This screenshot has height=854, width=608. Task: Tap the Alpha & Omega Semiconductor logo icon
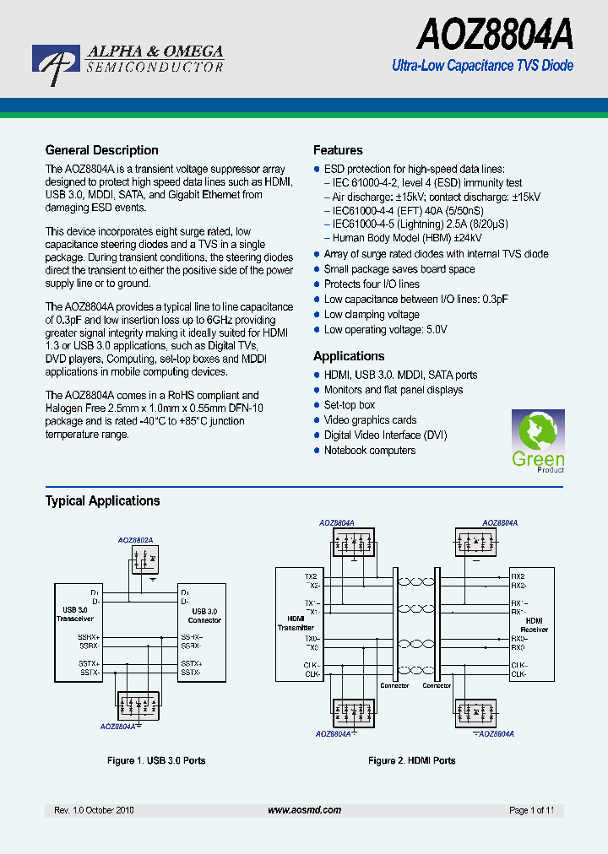tap(56, 65)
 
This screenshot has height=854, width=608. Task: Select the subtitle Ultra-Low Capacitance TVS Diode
tap(483, 66)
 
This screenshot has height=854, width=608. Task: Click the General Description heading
tap(101, 150)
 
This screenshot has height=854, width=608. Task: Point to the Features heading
tap(338, 150)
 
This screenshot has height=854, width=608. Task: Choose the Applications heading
tap(349, 356)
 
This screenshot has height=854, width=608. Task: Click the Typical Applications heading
tap(102, 500)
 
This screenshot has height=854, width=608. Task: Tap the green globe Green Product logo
tap(538, 440)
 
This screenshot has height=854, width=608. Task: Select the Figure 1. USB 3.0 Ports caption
tap(156, 760)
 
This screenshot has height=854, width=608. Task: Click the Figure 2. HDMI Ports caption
tap(411, 760)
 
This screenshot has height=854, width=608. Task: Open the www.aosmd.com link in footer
tap(304, 809)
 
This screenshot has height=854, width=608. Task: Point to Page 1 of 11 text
tap(531, 810)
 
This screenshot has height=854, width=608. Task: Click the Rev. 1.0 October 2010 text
tap(94, 810)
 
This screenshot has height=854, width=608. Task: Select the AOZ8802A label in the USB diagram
tap(141, 539)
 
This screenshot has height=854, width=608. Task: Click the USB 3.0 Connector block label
tap(204, 615)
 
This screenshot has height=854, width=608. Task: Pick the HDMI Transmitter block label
tap(296, 623)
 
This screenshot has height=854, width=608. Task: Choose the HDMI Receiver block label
tap(534, 624)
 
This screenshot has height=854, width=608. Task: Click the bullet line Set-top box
tap(350, 405)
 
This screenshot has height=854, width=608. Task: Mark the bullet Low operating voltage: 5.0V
tap(385, 330)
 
